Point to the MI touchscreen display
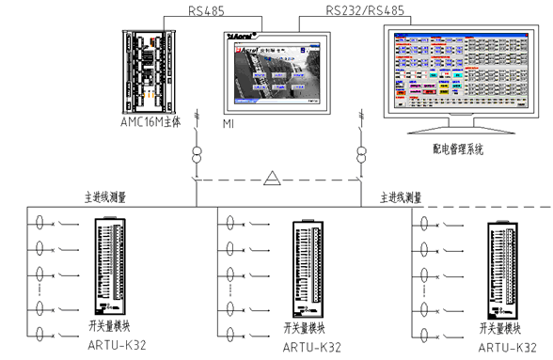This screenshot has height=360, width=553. click(x=277, y=70)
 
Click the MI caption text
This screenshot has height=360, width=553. click(x=228, y=123)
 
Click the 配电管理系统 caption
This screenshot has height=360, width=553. click(x=455, y=149)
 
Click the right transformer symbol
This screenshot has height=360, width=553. click(x=360, y=153)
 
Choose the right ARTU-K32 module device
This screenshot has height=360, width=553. click(x=498, y=273)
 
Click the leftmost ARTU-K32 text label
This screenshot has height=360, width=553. click(x=112, y=346)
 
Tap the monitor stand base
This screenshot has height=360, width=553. click(x=451, y=133)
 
